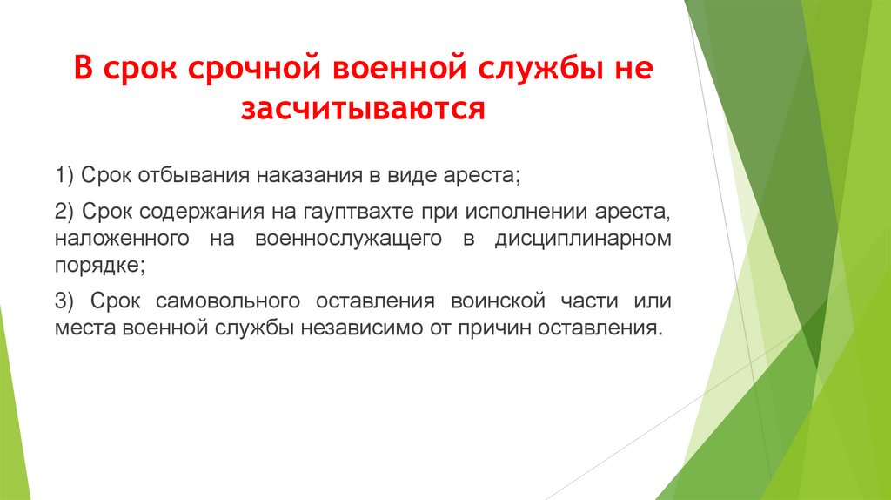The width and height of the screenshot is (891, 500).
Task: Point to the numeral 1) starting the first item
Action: (x=64, y=175)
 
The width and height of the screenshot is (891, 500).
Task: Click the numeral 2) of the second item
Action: (x=64, y=213)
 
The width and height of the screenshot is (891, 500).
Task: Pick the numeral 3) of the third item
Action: (x=64, y=301)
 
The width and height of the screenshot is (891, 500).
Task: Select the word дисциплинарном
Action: (x=583, y=239)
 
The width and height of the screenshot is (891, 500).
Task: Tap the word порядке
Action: (x=96, y=265)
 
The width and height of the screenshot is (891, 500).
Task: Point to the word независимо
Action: (x=382, y=329)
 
